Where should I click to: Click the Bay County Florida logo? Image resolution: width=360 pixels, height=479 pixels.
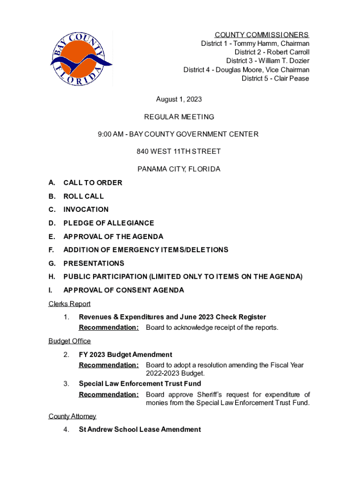coord(81,58)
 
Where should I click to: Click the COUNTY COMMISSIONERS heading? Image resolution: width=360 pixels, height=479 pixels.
coord(261,35)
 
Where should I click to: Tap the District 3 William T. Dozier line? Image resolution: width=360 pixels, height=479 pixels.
coord(267,61)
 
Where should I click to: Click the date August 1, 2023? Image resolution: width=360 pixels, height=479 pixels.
coord(179,99)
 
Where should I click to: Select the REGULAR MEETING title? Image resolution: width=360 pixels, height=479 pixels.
coord(180,117)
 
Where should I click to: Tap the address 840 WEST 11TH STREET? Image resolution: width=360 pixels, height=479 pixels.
coord(179,152)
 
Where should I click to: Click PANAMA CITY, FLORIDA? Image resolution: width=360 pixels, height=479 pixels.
coord(179,169)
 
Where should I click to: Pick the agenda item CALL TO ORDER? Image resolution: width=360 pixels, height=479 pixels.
coord(93,183)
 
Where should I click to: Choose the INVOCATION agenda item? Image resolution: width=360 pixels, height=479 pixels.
coord(86,210)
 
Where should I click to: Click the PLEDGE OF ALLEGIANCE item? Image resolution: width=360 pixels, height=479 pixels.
coord(108,223)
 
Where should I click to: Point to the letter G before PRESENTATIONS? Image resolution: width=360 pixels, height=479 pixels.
coord(51,263)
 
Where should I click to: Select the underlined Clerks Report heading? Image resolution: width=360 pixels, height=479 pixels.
coord(69,304)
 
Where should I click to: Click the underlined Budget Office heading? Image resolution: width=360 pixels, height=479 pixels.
coord(69,341)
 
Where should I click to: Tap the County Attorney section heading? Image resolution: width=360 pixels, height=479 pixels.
coord(72,416)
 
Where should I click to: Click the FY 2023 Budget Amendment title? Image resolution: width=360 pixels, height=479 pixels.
coord(125,355)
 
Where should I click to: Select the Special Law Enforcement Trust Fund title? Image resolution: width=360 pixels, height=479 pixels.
coord(140,384)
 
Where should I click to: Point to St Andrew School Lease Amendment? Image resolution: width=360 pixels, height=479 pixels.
coord(140,429)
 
